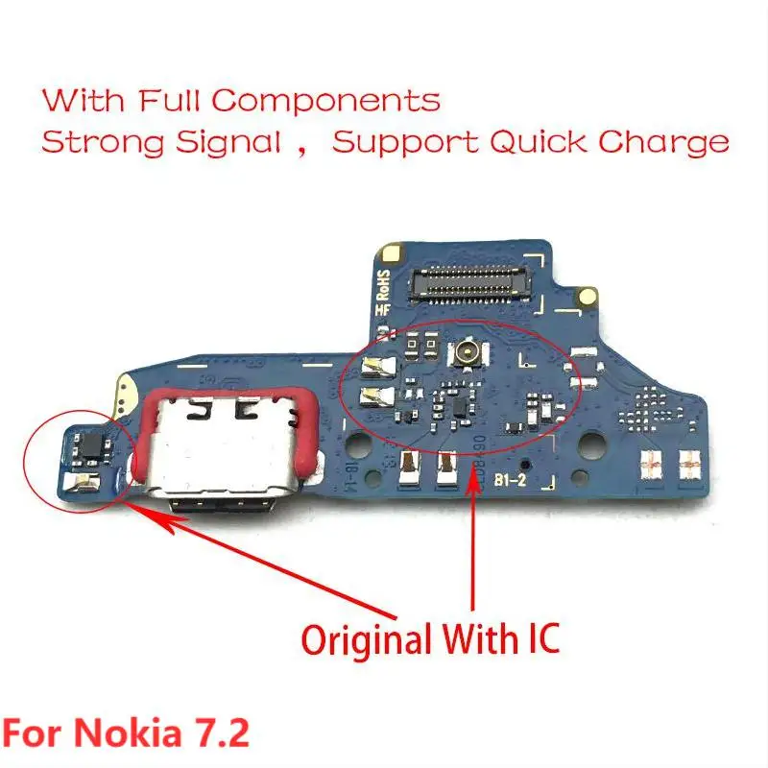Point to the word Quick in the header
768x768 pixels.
pyautogui.click(x=539, y=143)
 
